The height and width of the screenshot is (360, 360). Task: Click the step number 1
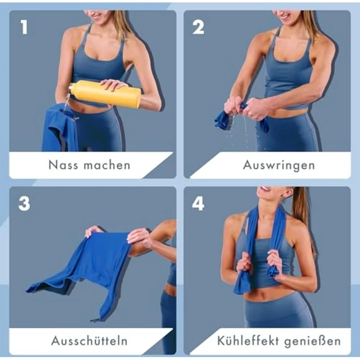(24, 28)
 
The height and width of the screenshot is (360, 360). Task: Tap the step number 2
(198, 28)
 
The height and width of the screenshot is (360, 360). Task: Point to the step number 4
(198, 203)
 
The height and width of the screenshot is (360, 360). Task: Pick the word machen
(107, 165)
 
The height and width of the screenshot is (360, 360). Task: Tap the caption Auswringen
(279, 165)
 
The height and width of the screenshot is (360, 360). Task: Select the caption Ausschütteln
(90, 340)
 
